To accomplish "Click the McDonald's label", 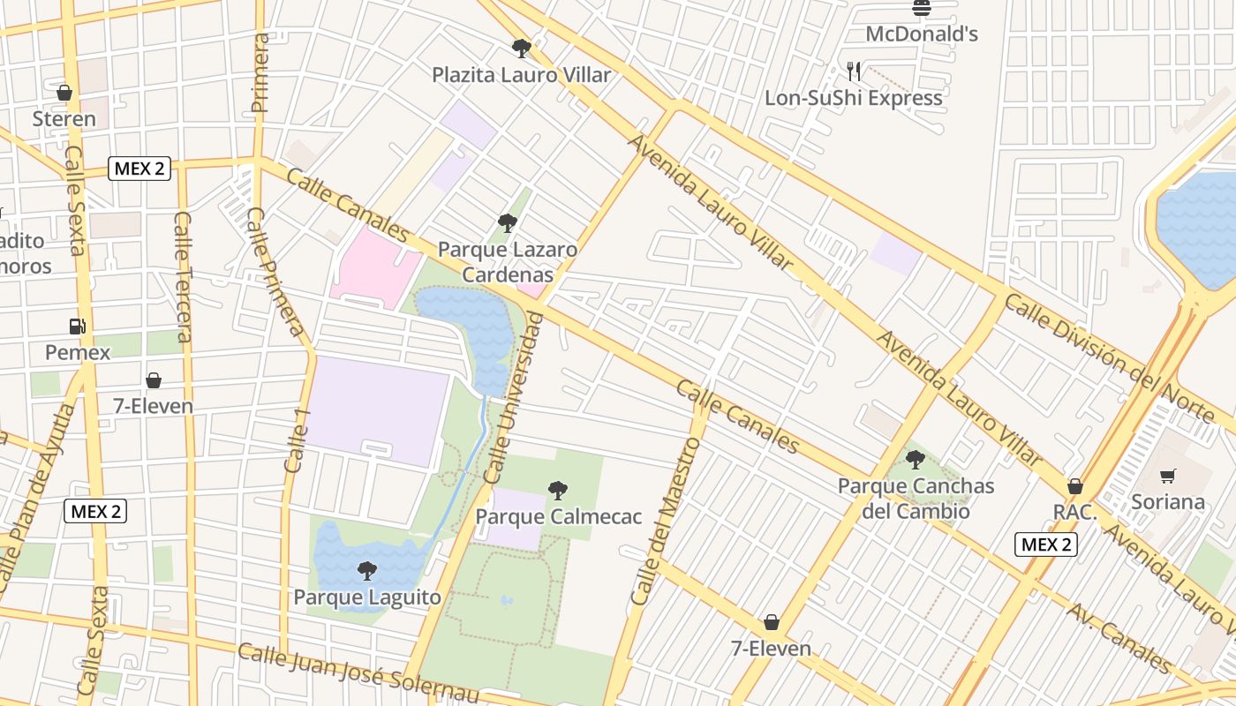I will [x=922, y=34].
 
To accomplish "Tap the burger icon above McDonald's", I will [x=922, y=9].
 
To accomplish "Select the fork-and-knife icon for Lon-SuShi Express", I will [x=853, y=71].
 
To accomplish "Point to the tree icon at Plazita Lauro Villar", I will [x=522, y=49].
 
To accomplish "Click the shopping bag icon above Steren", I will [x=64, y=93].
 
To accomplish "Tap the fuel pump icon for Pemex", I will [x=78, y=327].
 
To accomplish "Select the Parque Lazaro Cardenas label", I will [x=508, y=262].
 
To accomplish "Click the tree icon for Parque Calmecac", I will [x=558, y=491].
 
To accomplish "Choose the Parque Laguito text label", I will [x=367, y=597].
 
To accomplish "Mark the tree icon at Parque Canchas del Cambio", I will [x=916, y=460].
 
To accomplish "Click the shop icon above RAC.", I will [x=1075, y=486].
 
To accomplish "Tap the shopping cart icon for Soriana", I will [x=1168, y=477].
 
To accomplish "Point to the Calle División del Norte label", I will [x=1109, y=357].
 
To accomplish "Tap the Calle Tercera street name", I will [x=184, y=276].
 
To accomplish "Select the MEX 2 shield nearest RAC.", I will [x=1046, y=545].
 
